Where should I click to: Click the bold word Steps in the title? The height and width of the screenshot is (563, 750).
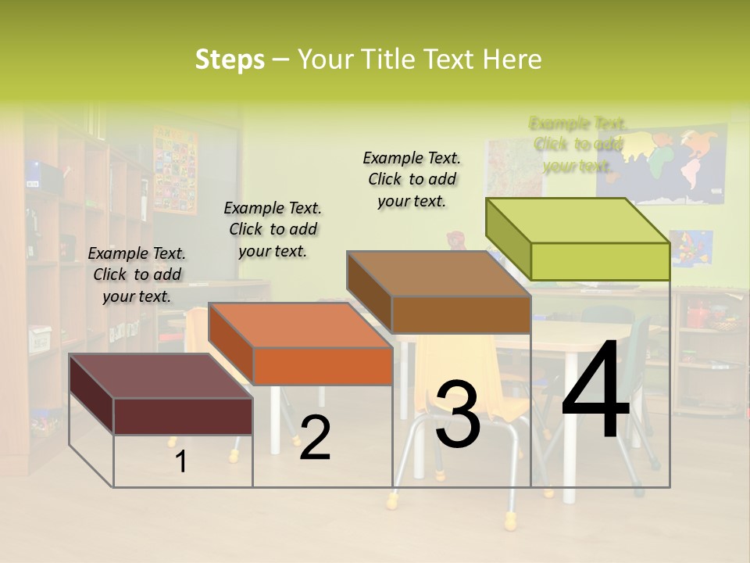(230, 59)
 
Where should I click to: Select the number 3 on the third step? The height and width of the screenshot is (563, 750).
(457, 414)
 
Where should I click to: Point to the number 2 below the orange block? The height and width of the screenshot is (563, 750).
(315, 438)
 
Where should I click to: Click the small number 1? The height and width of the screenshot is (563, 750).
(181, 461)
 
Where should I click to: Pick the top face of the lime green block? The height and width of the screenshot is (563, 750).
(577, 220)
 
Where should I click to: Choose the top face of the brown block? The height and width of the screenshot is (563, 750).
(437, 274)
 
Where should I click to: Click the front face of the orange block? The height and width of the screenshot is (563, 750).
(323, 366)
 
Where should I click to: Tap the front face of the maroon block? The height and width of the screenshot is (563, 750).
(183, 415)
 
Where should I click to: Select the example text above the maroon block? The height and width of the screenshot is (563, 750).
(137, 274)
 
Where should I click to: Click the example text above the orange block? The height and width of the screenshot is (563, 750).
(273, 229)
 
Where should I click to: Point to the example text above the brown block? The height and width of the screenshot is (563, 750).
(412, 179)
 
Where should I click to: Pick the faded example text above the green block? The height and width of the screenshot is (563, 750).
(577, 145)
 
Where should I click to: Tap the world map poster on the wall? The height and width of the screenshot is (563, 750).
(672, 164)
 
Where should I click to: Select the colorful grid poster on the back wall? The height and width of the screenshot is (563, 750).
(175, 168)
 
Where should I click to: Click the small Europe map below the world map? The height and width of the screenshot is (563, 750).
(691, 247)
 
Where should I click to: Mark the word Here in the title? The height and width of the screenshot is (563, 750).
(512, 59)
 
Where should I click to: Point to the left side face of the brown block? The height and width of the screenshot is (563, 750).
(369, 292)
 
